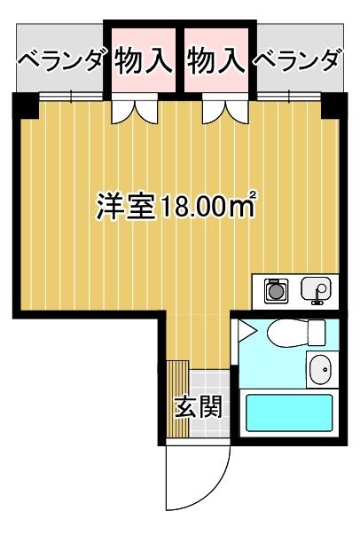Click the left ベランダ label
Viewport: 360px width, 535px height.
click(x=60, y=60)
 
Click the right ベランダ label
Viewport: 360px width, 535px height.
click(x=297, y=60)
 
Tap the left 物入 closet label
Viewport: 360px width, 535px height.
click(x=143, y=60)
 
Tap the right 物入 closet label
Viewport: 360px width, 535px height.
click(x=216, y=60)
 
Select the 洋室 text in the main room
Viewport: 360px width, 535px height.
click(x=125, y=207)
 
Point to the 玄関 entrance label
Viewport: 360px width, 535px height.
click(x=199, y=406)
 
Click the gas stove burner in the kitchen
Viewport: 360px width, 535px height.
click(x=276, y=290)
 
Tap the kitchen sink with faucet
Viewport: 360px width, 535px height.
click(x=316, y=289)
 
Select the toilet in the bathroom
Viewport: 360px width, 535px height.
click(x=296, y=333)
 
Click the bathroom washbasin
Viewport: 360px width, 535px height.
click(x=320, y=369)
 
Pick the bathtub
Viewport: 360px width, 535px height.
click(x=289, y=413)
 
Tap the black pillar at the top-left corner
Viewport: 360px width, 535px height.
click(x=26, y=106)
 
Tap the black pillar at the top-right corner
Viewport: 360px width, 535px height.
click(x=334, y=106)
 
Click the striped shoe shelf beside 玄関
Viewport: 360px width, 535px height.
click(x=178, y=399)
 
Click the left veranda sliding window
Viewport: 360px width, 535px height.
click(x=71, y=97)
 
